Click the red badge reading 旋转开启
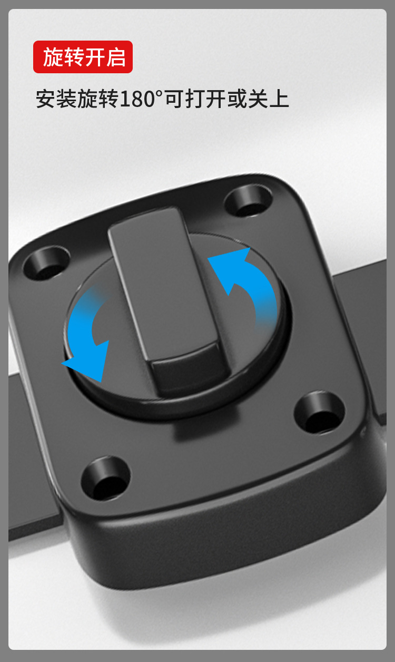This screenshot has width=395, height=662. coord(83,57)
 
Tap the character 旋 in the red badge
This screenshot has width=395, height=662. coord(53,57)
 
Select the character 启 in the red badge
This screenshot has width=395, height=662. coord(116,57)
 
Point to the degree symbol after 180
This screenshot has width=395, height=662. coord(159,94)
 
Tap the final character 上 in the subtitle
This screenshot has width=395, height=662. coord(279,99)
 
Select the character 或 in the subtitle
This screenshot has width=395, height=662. coord(238,99)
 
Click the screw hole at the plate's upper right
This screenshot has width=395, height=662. coord(248,200)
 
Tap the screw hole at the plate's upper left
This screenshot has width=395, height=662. coord(47,262)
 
